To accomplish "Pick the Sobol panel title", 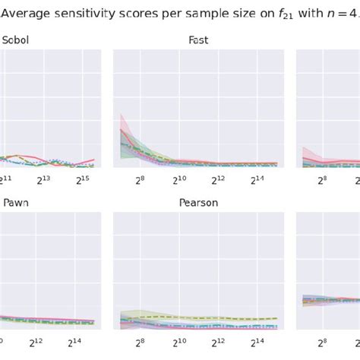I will pos(16,39).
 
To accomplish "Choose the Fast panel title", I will pos(198,39).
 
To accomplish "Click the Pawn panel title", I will pos(16,203).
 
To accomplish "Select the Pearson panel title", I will pos(198,203).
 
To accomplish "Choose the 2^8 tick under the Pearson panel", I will pos(141,343).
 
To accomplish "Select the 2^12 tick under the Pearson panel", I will pos(219,343).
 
